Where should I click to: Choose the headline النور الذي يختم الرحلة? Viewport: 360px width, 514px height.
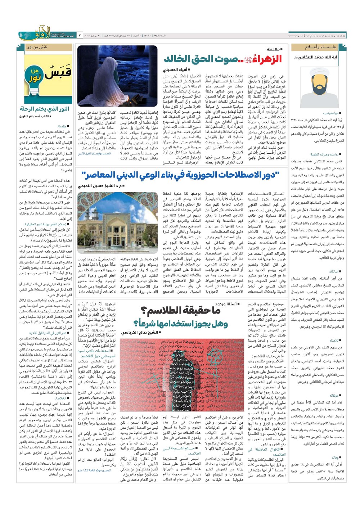click(45, 109)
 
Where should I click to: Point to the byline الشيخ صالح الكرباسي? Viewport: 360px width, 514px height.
click(141, 333)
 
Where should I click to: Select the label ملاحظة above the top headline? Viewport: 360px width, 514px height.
click(275, 49)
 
